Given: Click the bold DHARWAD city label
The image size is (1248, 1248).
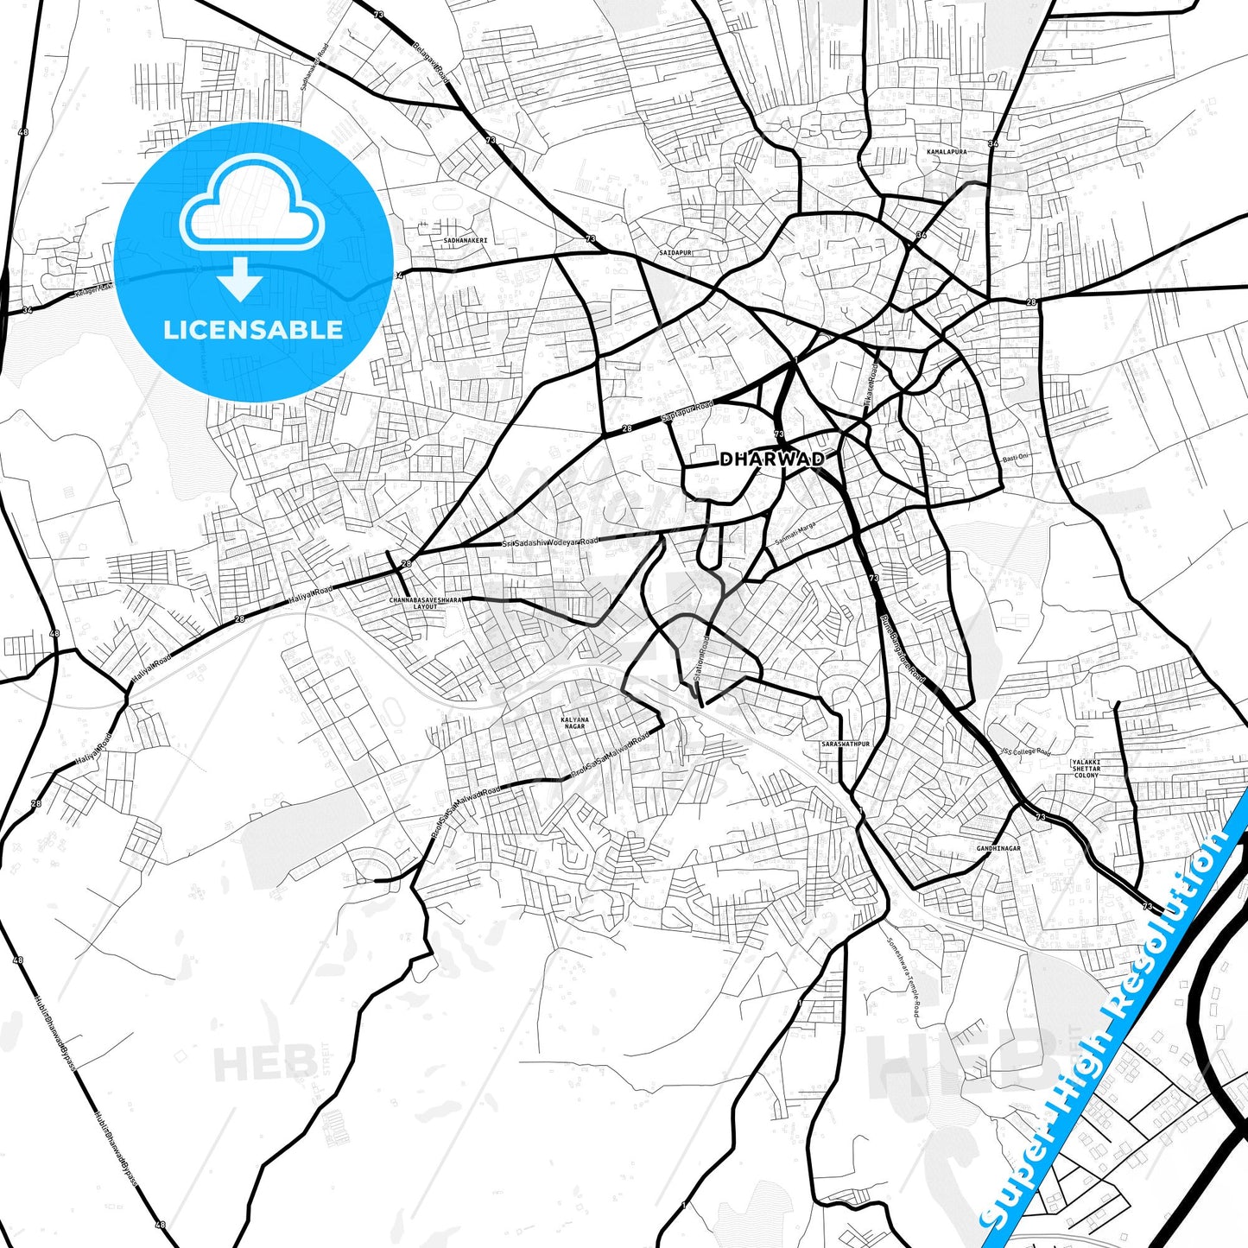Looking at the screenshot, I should click(771, 459).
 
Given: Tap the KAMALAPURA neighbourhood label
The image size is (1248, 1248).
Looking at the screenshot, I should click(946, 152).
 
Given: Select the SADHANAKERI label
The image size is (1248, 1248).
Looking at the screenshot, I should click(466, 240).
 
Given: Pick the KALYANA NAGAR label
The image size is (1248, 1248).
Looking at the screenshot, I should click(574, 723).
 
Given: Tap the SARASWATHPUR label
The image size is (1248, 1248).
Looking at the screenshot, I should click(846, 743).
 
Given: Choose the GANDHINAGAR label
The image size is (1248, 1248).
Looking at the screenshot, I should click(998, 848).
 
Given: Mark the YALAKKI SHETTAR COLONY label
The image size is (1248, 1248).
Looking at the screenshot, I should click(1086, 769).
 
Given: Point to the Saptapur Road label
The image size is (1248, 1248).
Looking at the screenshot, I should click(687, 412).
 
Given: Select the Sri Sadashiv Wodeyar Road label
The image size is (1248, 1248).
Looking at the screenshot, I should click(550, 542).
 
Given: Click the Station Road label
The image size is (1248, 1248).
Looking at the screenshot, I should click(701, 661).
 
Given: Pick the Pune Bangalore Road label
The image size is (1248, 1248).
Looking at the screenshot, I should click(902, 649).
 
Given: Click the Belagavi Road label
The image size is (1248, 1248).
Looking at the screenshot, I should click(432, 62).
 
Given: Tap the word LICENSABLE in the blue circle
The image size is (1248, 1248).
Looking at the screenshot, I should click(253, 330).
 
